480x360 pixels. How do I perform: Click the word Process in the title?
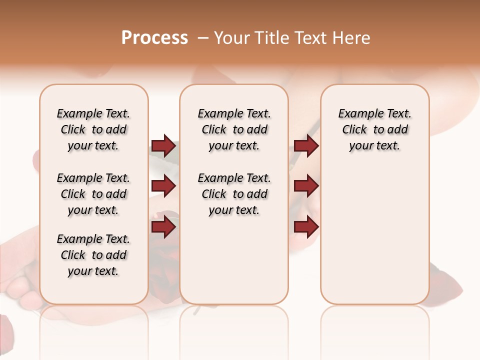pyautogui.click(x=154, y=38)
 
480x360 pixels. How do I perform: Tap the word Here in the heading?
pyautogui.click(x=351, y=38)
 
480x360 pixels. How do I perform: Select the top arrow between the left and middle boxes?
pyautogui.click(x=163, y=146)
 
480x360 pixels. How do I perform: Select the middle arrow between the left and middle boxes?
pyautogui.click(x=163, y=186)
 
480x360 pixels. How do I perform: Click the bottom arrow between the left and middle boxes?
pyautogui.click(x=163, y=227)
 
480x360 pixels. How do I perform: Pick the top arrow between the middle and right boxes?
pyautogui.click(x=306, y=146)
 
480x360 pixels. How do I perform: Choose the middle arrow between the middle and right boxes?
pyautogui.click(x=306, y=186)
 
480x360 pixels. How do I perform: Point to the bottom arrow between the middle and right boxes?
pyautogui.click(x=306, y=227)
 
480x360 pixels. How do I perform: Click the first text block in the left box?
pyautogui.click(x=93, y=129)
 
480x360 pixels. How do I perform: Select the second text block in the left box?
pyautogui.click(x=93, y=194)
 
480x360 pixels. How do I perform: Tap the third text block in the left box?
pyautogui.click(x=93, y=255)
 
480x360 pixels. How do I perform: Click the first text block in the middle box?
pyautogui.click(x=234, y=129)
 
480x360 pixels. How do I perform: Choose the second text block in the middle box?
pyautogui.click(x=234, y=194)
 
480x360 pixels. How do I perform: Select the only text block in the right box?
pyautogui.click(x=374, y=129)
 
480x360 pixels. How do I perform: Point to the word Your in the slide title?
pyautogui.click(x=232, y=38)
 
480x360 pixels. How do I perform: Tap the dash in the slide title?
pyautogui.click(x=202, y=38)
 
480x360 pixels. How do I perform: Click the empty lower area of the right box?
pyautogui.click(x=374, y=240)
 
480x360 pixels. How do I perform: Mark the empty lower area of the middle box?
pyautogui.click(x=234, y=260)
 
